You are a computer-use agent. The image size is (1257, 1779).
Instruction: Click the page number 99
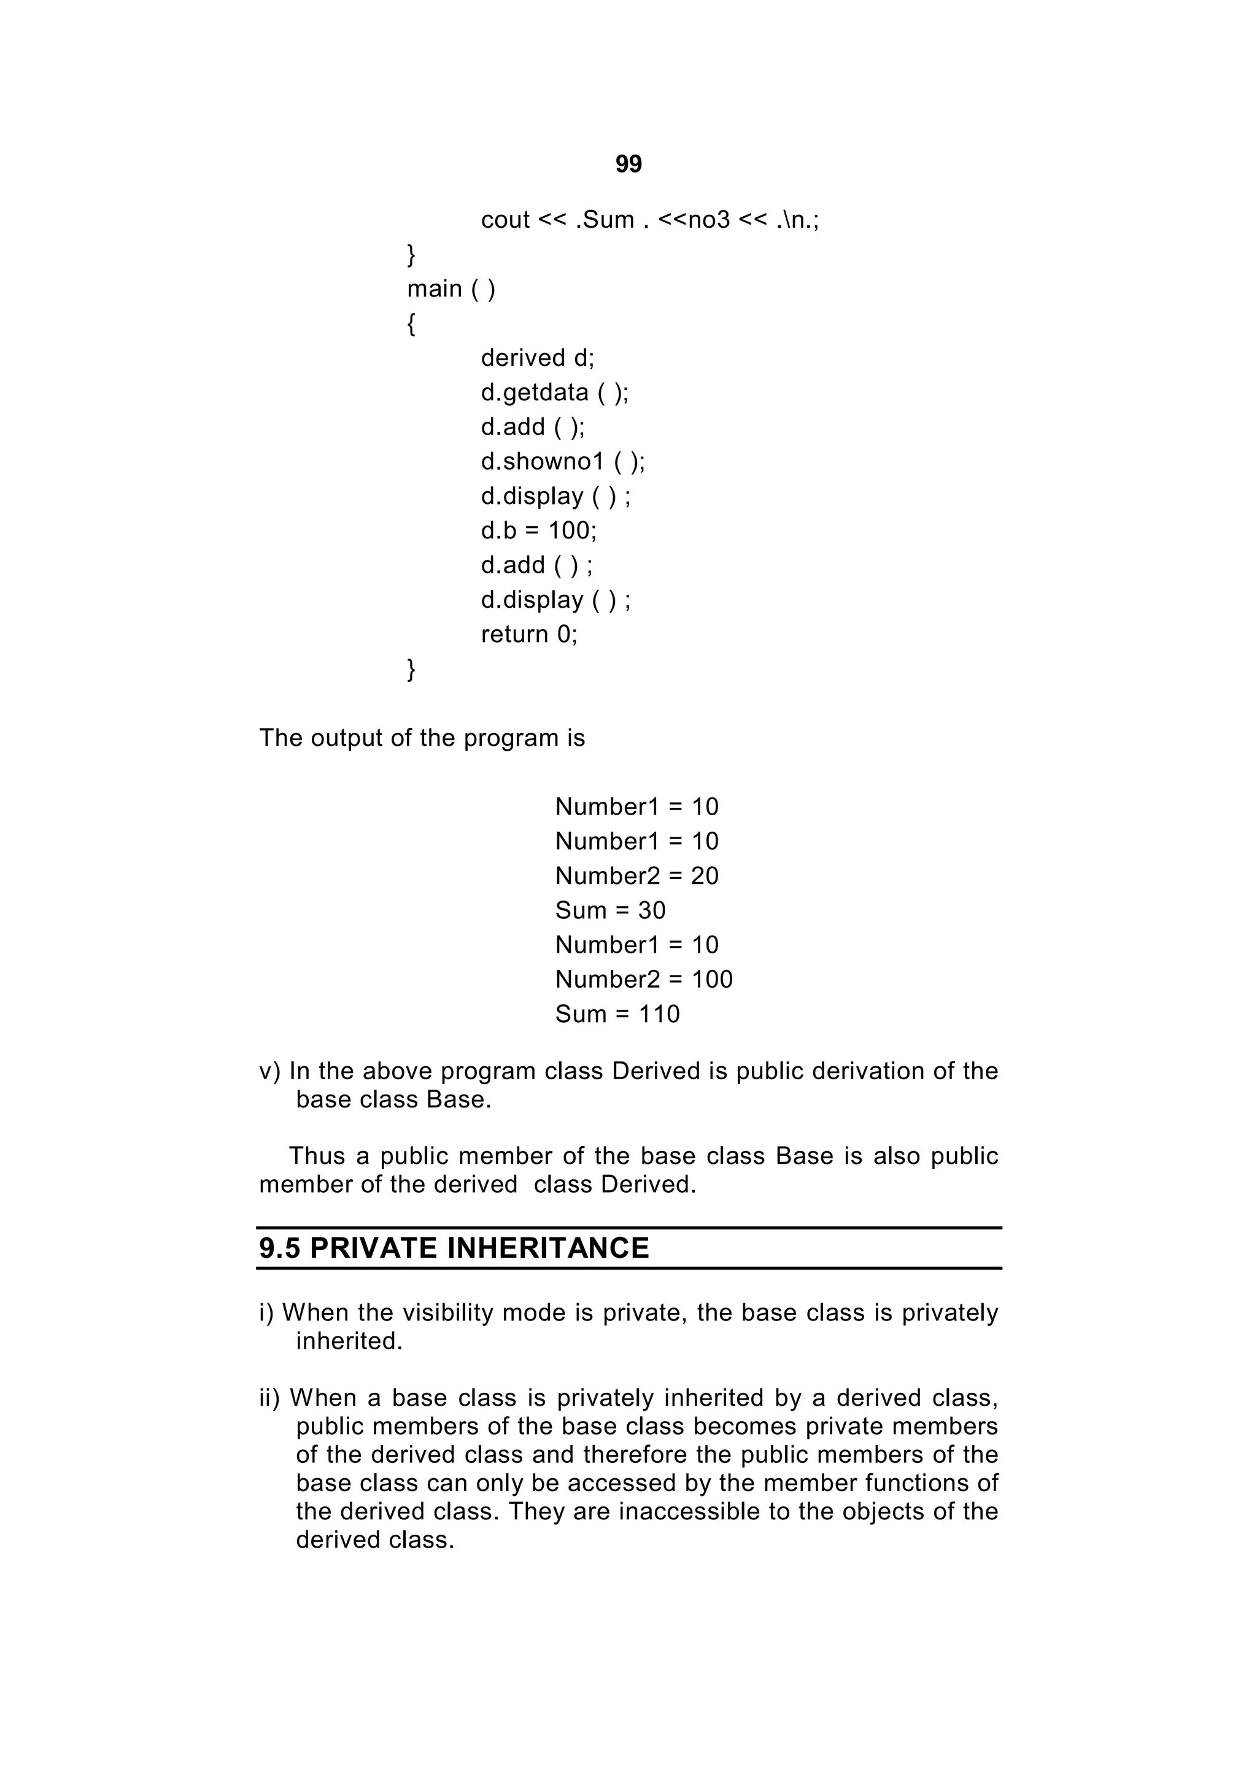tap(628, 165)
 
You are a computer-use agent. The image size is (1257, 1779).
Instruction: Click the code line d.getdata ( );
tap(554, 393)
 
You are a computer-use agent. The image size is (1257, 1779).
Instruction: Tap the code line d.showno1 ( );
tap(562, 462)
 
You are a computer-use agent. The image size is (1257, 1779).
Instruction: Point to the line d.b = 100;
tap(538, 531)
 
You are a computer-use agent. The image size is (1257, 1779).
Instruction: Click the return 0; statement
tap(529, 635)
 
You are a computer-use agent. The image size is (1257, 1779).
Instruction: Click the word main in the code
tap(434, 289)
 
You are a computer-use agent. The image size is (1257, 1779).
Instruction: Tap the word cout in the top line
tap(505, 220)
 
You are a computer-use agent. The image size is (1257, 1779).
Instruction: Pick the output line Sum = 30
tap(610, 910)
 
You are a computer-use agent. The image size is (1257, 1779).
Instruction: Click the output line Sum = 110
tap(617, 1014)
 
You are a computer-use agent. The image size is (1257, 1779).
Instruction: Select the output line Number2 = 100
tap(644, 979)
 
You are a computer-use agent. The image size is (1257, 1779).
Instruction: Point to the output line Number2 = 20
tap(636, 877)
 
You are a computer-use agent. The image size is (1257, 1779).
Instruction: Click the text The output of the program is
tap(422, 738)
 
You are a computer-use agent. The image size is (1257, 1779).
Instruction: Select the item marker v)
tap(269, 1072)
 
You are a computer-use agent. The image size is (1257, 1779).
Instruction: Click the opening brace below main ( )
tap(411, 324)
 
